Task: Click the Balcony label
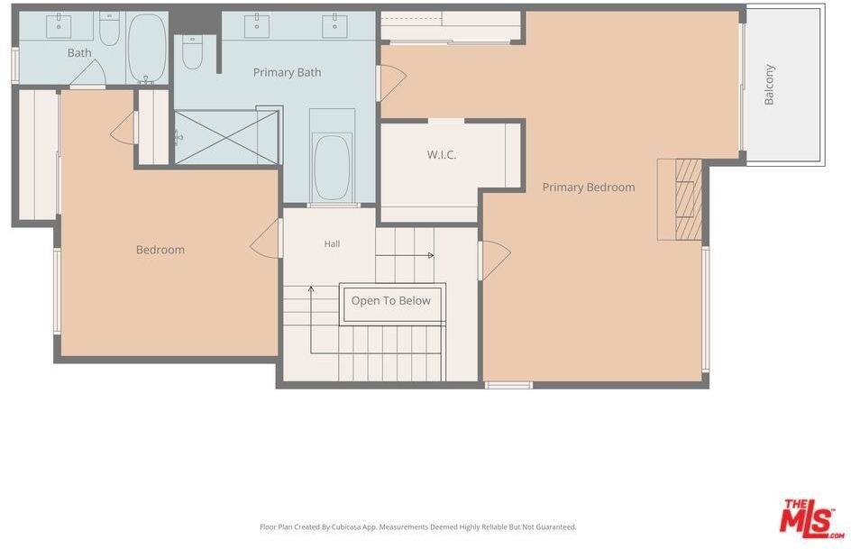pyautogui.click(x=769, y=84)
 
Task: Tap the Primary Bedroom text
pyautogui.click(x=589, y=188)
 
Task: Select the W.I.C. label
pyautogui.click(x=441, y=155)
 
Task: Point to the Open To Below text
pyautogui.click(x=390, y=300)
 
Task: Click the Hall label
pyautogui.click(x=332, y=244)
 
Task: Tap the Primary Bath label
pyautogui.click(x=287, y=72)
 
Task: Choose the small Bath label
pyautogui.click(x=79, y=52)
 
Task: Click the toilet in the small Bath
pyautogui.click(x=109, y=29)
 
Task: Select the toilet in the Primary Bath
pyautogui.click(x=192, y=52)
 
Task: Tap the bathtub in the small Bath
pyautogui.click(x=147, y=48)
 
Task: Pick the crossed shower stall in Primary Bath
pyautogui.click(x=226, y=137)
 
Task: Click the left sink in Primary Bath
pyautogui.click(x=257, y=26)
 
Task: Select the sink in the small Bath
pyautogui.click(x=59, y=26)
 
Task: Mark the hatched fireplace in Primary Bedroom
pyautogui.click(x=689, y=199)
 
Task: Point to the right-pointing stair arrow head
pyautogui.click(x=431, y=255)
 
